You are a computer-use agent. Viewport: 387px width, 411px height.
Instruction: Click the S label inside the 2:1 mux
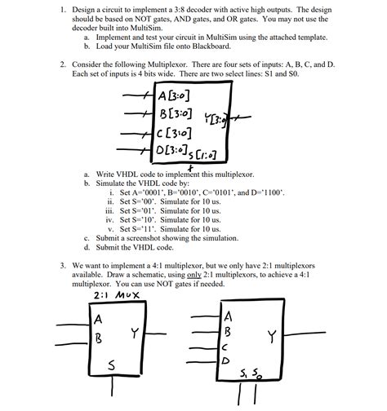(x=111, y=366)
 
